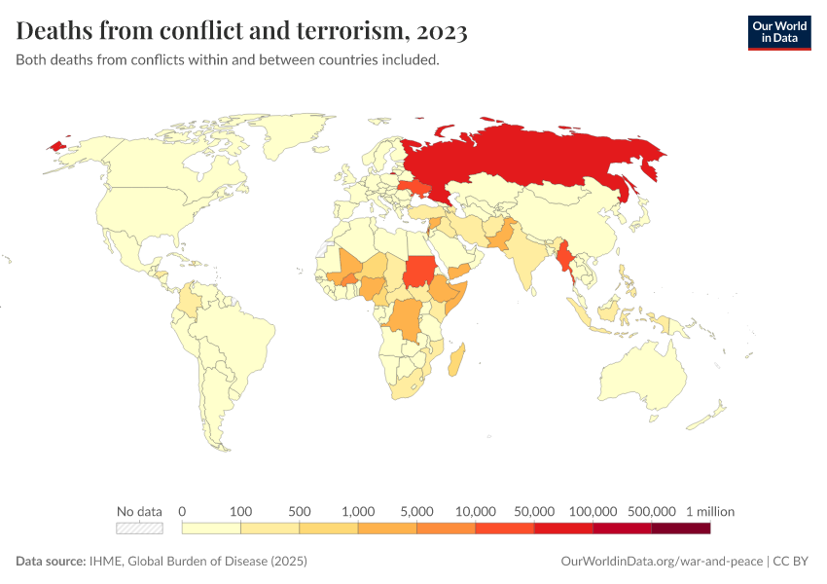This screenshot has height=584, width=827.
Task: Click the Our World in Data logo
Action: tap(778, 32)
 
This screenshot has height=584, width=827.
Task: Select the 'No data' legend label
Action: tap(139, 511)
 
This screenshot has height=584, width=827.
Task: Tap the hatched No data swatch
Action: tap(139, 528)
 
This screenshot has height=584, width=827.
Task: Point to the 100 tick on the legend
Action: tap(240, 511)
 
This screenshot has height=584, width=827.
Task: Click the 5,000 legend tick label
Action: tap(416, 511)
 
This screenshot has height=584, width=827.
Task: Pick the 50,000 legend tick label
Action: tap(534, 511)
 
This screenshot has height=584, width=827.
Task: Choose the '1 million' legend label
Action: tap(709, 511)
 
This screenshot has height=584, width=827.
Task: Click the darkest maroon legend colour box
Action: tap(680, 528)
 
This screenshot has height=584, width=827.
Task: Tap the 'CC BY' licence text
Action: tap(792, 562)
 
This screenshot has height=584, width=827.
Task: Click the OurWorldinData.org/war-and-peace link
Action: tap(663, 562)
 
